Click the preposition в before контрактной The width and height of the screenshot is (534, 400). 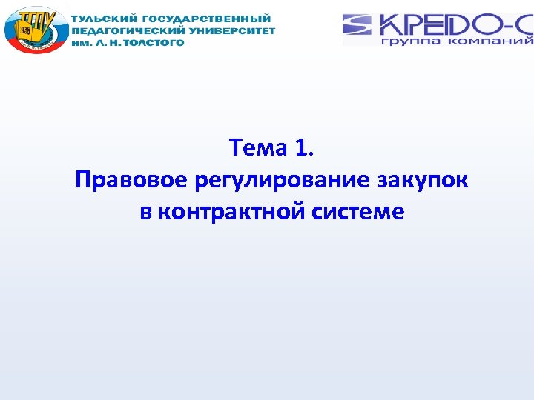coord(145,212)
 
